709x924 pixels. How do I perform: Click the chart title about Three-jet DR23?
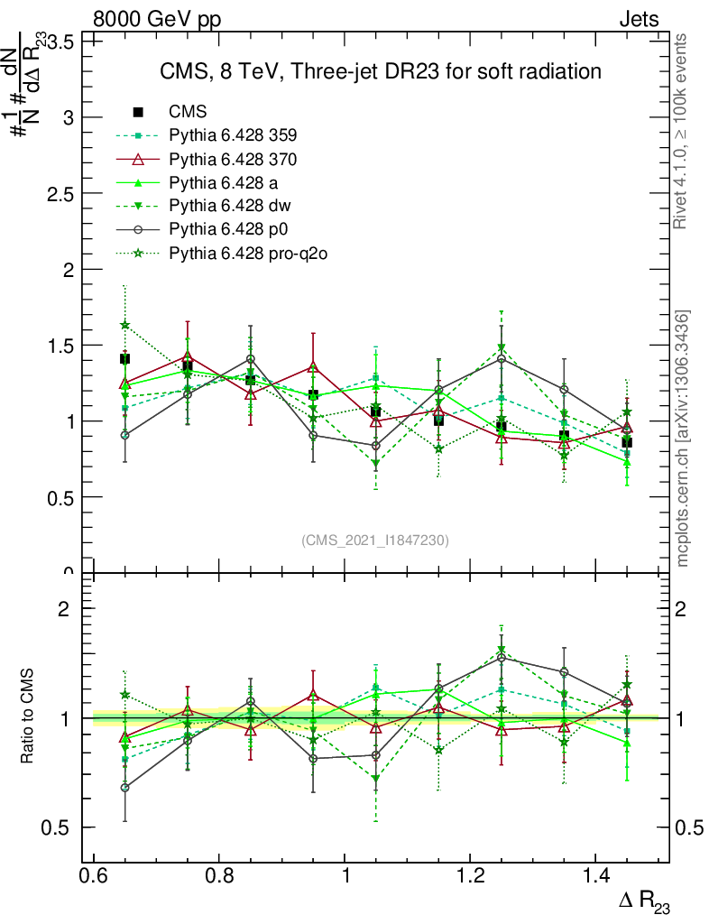click(x=380, y=71)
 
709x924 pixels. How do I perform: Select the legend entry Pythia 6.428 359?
click(x=233, y=135)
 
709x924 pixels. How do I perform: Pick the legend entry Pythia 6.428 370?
click(x=233, y=159)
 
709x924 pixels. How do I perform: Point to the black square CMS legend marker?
click(x=138, y=112)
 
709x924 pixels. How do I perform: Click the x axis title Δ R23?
click(x=643, y=902)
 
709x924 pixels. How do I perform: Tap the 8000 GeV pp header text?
click(x=157, y=20)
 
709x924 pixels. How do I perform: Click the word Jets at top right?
click(x=638, y=20)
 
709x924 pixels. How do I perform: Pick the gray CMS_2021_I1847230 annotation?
click(x=374, y=540)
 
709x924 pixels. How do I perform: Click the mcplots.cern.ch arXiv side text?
click(x=684, y=439)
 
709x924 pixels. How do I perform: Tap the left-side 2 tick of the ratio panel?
click(x=63, y=609)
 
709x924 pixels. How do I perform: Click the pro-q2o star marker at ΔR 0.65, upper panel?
click(x=125, y=325)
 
